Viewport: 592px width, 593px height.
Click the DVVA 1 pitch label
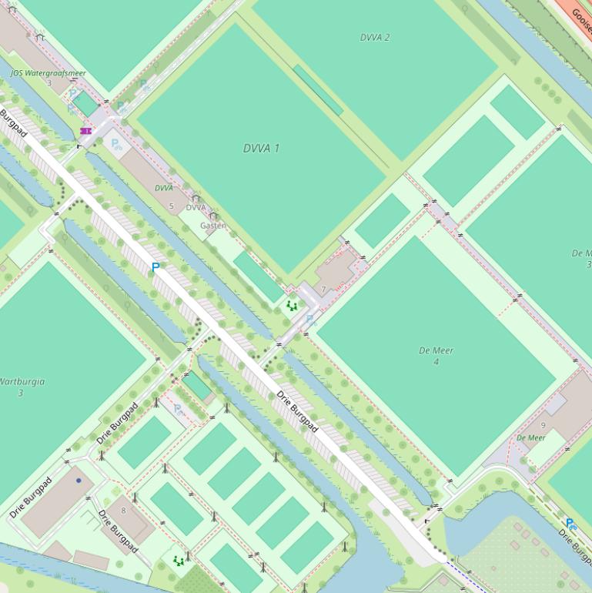261,149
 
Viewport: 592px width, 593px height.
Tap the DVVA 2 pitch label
375,37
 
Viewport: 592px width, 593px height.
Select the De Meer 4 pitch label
436,356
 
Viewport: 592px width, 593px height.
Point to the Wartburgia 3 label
20,387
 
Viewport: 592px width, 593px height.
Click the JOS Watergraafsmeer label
48,73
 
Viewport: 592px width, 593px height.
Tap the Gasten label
212,226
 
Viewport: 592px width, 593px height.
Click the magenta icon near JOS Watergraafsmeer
85,131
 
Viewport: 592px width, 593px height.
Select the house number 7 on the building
324,289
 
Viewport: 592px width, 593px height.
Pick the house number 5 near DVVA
171,206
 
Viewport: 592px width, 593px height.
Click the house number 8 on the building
122,511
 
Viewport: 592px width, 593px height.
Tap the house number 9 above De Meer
543,425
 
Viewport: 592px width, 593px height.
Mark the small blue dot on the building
78,480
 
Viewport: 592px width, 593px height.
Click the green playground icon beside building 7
292,306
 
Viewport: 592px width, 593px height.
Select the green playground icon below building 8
179,561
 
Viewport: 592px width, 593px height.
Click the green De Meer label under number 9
531,437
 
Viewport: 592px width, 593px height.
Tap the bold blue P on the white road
156,267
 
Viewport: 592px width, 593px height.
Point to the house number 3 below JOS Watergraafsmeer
48,82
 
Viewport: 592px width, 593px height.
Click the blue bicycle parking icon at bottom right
570,524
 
